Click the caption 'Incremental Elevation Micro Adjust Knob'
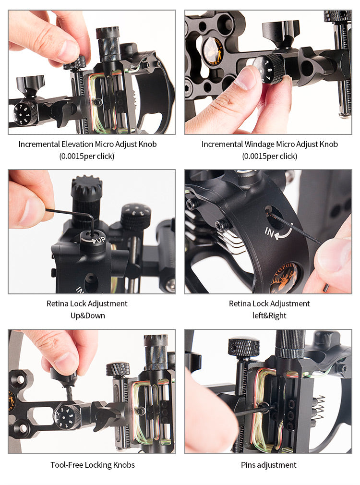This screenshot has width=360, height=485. pyautogui.click(x=87, y=144)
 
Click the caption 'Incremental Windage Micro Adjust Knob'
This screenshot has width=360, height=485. pyautogui.click(x=269, y=144)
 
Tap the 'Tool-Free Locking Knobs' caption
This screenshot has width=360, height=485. pyautogui.click(x=93, y=465)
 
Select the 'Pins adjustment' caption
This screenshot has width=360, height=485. pyautogui.click(x=268, y=465)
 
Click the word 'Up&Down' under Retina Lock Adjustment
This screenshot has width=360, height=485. pyautogui.click(x=87, y=315)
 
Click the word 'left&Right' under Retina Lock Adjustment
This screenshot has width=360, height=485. pyautogui.click(x=269, y=315)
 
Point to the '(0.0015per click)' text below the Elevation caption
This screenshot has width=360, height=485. pyautogui.click(x=87, y=156)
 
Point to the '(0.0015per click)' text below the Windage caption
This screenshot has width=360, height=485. pyautogui.click(x=269, y=156)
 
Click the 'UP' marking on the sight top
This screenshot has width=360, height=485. pyautogui.click(x=99, y=239)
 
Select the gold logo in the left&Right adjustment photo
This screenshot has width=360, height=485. pyautogui.click(x=284, y=279)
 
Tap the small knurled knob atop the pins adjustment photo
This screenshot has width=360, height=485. pyautogui.click(x=243, y=346)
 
